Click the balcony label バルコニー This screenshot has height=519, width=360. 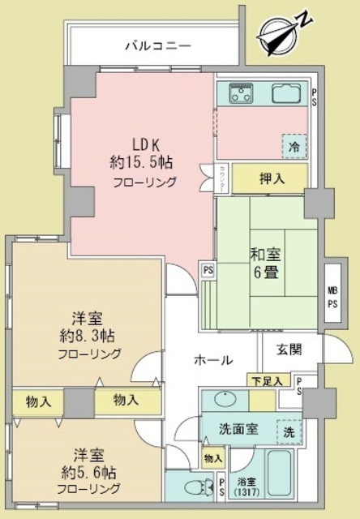point(157,45)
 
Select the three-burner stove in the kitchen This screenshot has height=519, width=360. point(242,94)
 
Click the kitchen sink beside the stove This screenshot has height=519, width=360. point(287,94)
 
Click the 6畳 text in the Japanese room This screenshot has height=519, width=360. point(264,273)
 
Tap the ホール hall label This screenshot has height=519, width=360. point(214,360)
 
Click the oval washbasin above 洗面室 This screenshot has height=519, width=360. point(224,400)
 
